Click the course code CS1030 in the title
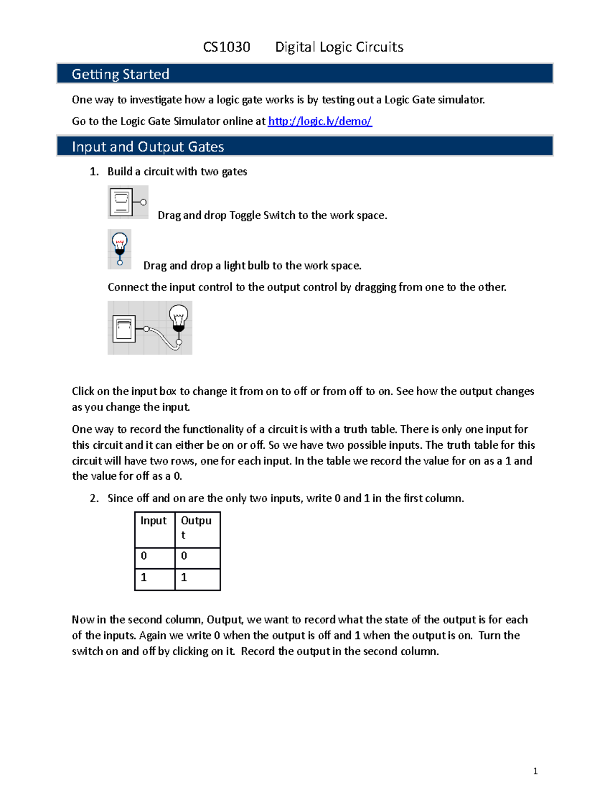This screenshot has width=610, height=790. tap(226, 47)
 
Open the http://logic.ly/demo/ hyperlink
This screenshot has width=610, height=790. tap(320, 121)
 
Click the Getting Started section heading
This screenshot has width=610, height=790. tap(120, 74)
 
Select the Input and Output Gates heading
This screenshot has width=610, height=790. tap(148, 147)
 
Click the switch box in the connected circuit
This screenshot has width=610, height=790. tap(124, 329)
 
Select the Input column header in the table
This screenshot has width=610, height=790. tap(154, 521)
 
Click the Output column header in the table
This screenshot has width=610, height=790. tap(196, 527)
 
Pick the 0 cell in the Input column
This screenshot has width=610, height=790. tap(144, 556)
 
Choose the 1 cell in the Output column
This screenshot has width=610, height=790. tap(184, 577)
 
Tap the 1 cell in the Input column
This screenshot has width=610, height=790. tap(144, 577)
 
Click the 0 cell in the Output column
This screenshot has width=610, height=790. tap(184, 556)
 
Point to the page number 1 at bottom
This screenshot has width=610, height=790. tap(535, 771)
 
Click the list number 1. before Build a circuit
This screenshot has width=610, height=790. tap(94, 172)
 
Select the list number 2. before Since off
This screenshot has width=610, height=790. tap(94, 499)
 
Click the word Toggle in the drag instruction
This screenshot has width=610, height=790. tap(245, 216)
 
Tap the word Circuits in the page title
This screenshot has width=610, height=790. tap(379, 47)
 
